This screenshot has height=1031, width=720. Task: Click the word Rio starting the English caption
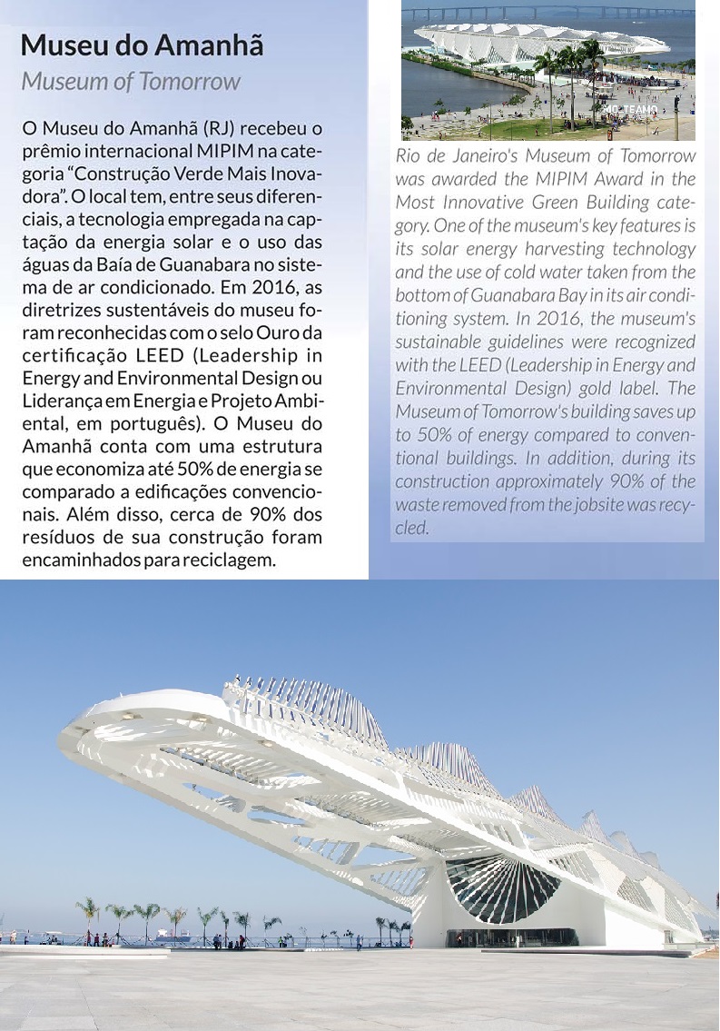coord(409,157)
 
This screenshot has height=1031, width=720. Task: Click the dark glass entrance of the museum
coord(509,937)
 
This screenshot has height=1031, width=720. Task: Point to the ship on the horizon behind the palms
coord(164,932)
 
